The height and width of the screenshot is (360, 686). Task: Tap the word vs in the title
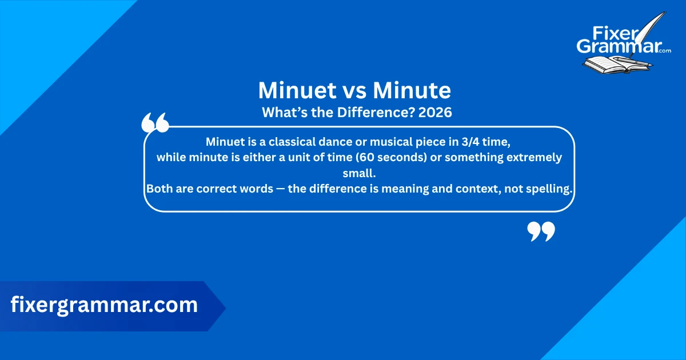pos(357,91)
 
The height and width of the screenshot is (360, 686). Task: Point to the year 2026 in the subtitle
pos(435,113)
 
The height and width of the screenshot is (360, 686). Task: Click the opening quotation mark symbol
pos(155,123)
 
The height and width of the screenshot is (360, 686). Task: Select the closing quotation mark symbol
pos(540,232)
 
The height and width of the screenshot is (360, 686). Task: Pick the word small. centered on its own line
pos(358,173)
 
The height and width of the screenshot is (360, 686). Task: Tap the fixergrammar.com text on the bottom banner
pos(104,305)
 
